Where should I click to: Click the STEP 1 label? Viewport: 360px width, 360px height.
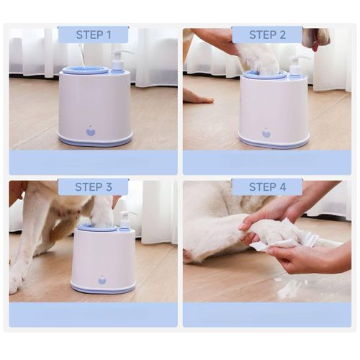click(93, 35)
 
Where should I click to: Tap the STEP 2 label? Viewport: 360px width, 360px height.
click(266, 35)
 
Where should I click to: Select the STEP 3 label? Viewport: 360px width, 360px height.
click(93, 187)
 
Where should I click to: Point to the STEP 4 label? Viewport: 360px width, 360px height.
click(266, 187)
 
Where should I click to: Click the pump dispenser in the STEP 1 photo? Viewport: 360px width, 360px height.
click(117, 61)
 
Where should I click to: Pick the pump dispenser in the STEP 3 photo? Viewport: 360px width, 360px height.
click(124, 220)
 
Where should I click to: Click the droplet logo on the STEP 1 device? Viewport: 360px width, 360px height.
click(91, 131)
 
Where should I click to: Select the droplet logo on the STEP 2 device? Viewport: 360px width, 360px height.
click(266, 133)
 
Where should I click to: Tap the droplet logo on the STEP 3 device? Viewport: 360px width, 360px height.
click(102, 279)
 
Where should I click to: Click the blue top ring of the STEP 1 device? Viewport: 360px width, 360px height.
click(85, 71)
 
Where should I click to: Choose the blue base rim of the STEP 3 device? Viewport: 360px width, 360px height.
click(103, 289)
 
